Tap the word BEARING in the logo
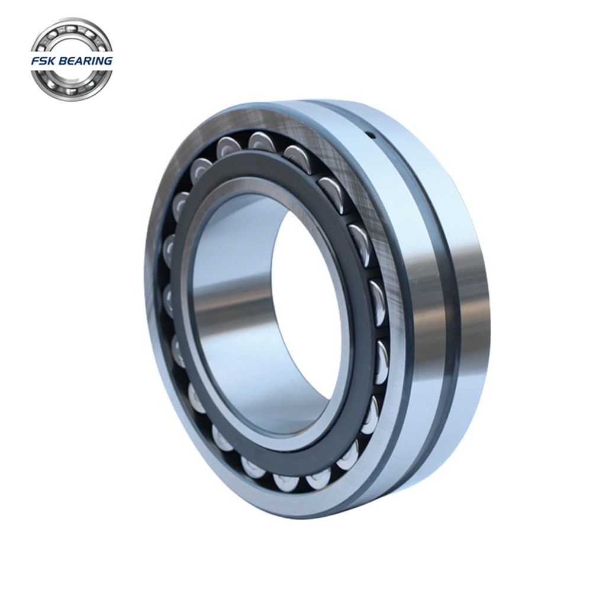(85, 61)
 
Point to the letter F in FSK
(36, 61)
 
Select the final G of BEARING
(108, 61)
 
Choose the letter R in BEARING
(88, 61)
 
